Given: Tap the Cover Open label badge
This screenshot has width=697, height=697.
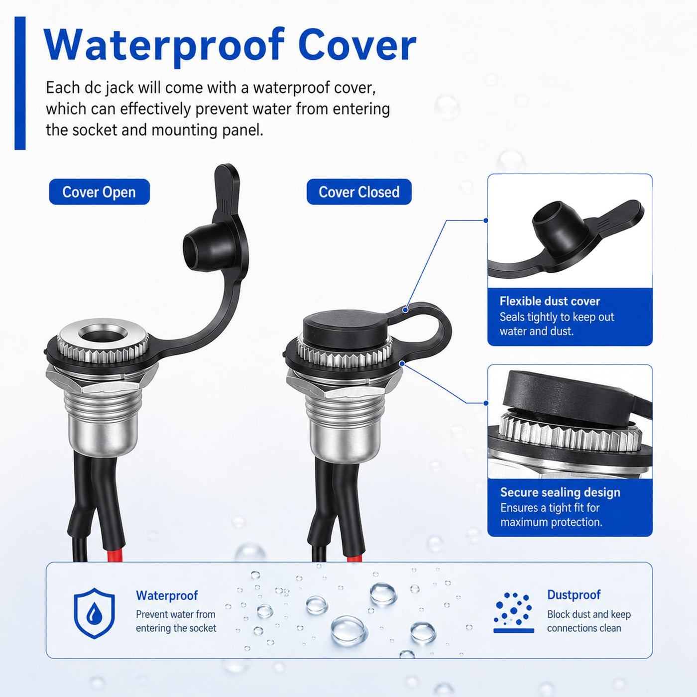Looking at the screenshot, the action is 99,192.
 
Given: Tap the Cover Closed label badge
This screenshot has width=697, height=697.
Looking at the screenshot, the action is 359,192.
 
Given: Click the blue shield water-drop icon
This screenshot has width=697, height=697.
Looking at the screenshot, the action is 95,613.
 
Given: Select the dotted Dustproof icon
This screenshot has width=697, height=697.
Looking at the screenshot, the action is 514,613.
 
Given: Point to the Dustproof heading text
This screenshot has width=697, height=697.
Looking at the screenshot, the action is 574,594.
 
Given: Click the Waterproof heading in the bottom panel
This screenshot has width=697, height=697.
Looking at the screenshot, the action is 167,595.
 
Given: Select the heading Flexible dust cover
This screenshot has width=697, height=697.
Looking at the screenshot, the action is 550,301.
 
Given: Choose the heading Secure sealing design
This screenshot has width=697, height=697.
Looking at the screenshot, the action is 560,492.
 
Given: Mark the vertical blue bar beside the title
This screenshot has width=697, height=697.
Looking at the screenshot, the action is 20,83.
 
